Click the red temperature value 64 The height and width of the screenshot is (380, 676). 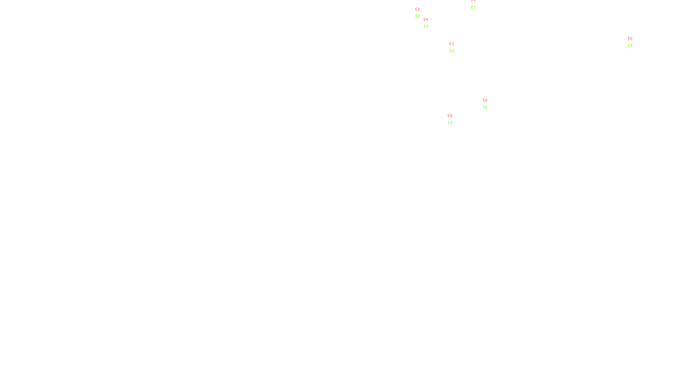(425, 19)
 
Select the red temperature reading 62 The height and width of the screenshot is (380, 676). (452, 44)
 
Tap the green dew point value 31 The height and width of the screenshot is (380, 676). (452, 51)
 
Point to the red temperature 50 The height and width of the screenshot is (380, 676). (630, 39)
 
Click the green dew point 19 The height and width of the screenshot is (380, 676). (630, 46)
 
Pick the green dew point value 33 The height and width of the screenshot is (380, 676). (450, 123)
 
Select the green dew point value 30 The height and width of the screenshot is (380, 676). (485, 108)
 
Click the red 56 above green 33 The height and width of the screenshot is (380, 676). (450, 116)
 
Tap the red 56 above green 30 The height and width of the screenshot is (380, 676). (485, 100)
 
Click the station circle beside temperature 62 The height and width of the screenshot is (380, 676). (456, 48)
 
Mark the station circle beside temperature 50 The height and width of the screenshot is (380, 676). (634, 42)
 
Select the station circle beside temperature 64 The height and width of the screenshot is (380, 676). (430, 23)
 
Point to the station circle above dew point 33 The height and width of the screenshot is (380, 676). (454, 119)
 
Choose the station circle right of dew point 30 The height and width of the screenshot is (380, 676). (489, 104)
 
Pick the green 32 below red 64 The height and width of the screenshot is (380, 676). (426, 26)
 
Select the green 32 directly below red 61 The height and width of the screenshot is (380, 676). (417, 16)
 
